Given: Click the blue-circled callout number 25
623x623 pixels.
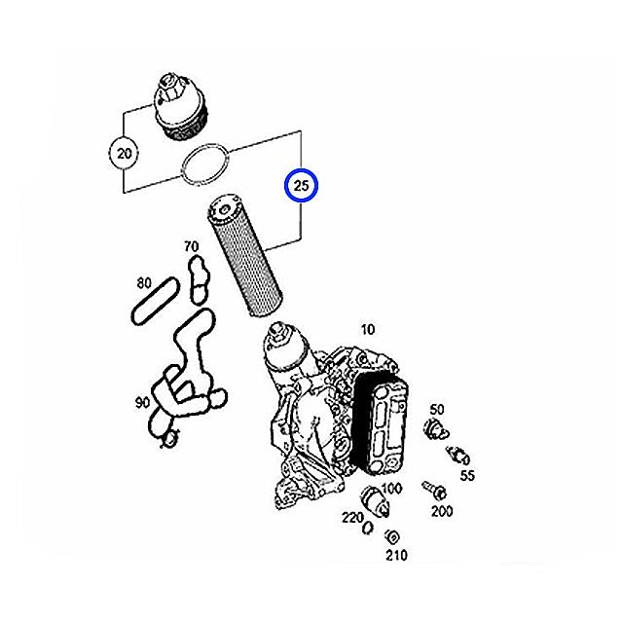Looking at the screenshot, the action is (301, 186).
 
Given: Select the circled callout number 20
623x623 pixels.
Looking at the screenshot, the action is (124, 153).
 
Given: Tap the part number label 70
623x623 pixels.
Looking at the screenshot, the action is (191, 246).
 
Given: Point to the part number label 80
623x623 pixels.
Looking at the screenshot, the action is (144, 283).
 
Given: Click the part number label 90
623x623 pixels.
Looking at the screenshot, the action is (143, 402).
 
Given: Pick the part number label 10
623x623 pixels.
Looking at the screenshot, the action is (368, 329).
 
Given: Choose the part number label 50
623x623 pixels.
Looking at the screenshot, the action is (437, 409).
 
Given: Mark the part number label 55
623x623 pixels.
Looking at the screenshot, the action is (467, 475).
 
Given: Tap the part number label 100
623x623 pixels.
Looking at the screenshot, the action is (391, 489).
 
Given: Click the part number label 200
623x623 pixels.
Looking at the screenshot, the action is (442, 511).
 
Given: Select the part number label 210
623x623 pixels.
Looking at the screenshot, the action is (396, 555).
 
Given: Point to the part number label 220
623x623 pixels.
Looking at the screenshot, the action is (352, 518).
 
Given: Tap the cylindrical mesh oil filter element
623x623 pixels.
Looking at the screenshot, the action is (244, 256).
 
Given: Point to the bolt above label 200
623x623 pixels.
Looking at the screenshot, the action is (434, 491).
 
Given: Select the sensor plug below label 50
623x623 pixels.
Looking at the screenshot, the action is (435, 430).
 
